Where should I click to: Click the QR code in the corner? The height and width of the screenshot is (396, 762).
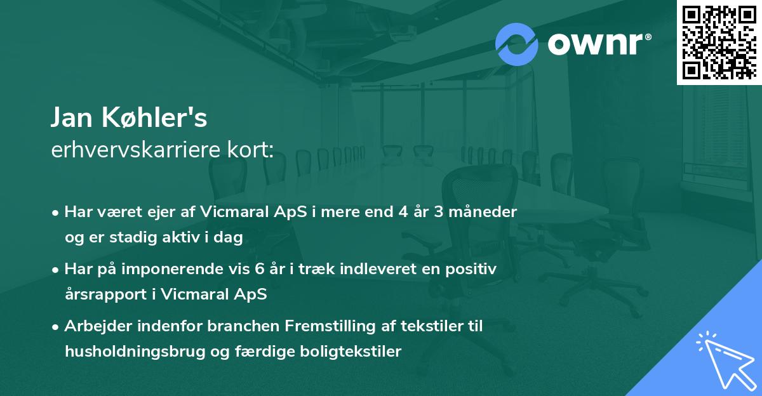tap(718, 42)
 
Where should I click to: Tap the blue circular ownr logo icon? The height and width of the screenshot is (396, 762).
tap(517, 44)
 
